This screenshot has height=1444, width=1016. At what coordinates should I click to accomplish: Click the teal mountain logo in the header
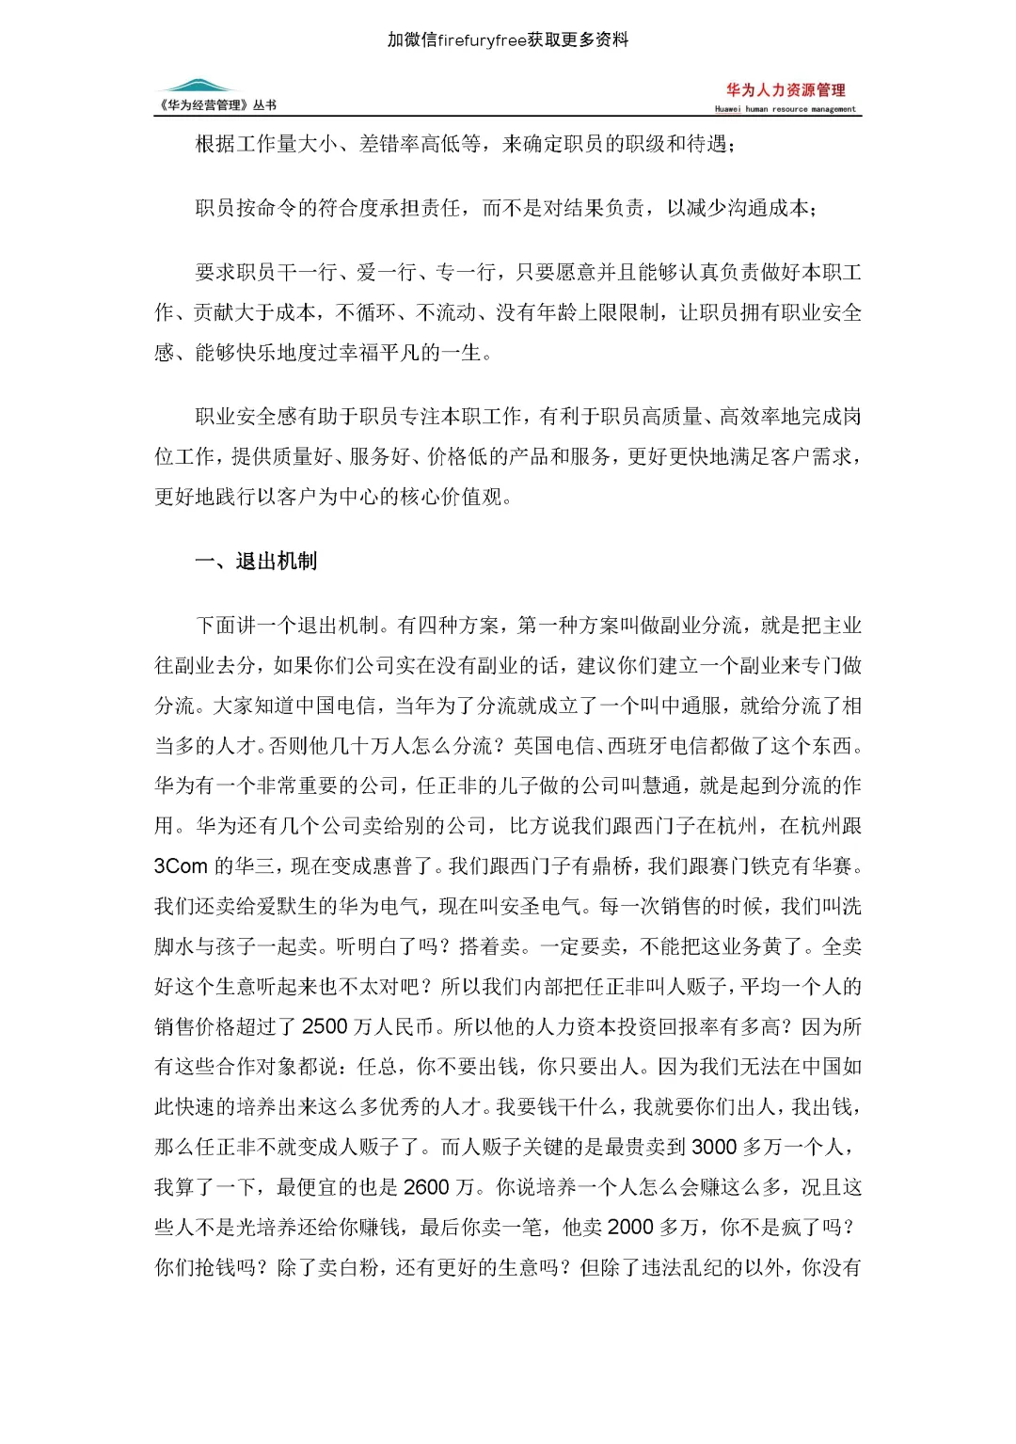pos(199,87)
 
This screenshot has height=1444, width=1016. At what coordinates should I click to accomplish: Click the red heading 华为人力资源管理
pos(786,90)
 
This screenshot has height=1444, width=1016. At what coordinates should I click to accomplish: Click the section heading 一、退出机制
pos(255,562)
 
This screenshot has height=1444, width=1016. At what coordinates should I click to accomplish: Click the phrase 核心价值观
pos(457,497)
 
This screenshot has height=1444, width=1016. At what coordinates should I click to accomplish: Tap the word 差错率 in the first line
pos(389,145)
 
